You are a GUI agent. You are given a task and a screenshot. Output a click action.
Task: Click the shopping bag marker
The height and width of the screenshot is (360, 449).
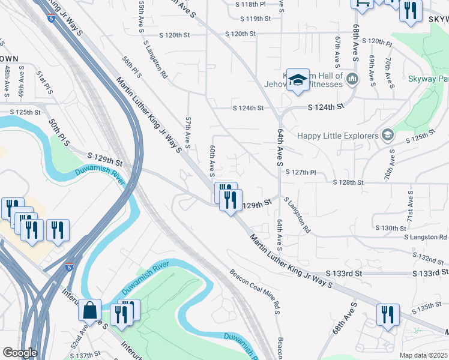(x=89, y=310)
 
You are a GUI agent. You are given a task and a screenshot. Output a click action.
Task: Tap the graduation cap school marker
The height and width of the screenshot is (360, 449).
(x=297, y=80)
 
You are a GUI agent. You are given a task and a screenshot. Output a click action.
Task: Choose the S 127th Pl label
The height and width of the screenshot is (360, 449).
(x=301, y=172)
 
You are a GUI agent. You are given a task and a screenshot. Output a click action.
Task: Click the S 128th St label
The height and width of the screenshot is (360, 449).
(x=349, y=182)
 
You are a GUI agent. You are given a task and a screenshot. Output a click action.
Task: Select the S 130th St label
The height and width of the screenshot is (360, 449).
(x=391, y=228)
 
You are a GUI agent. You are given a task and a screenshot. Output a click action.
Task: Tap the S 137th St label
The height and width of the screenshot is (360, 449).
(x=85, y=355)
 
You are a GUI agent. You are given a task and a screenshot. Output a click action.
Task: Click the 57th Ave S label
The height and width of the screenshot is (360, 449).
(x=188, y=133)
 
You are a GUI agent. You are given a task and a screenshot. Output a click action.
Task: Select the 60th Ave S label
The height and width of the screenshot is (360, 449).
(x=212, y=160)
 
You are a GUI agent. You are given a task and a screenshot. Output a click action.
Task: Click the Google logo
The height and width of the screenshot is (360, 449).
(x=19, y=353)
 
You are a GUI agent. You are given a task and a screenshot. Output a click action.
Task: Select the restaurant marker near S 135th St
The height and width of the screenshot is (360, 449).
(x=388, y=314)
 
